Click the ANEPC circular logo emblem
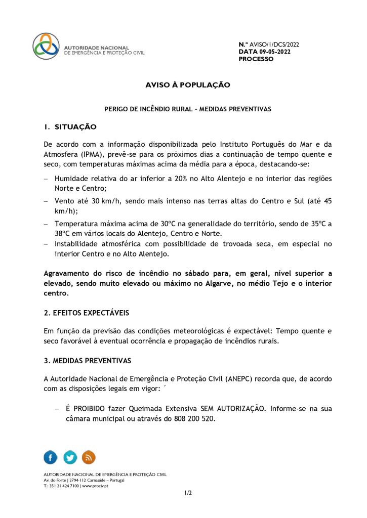(x=46, y=47)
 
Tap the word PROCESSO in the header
(x=256, y=59)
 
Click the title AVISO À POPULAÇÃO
(x=188, y=85)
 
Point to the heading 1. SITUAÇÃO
(x=70, y=126)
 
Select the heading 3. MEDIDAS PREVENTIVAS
(x=88, y=361)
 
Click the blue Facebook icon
(x=51, y=457)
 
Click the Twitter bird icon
(x=70, y=457)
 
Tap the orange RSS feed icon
(x=89, y=457)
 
